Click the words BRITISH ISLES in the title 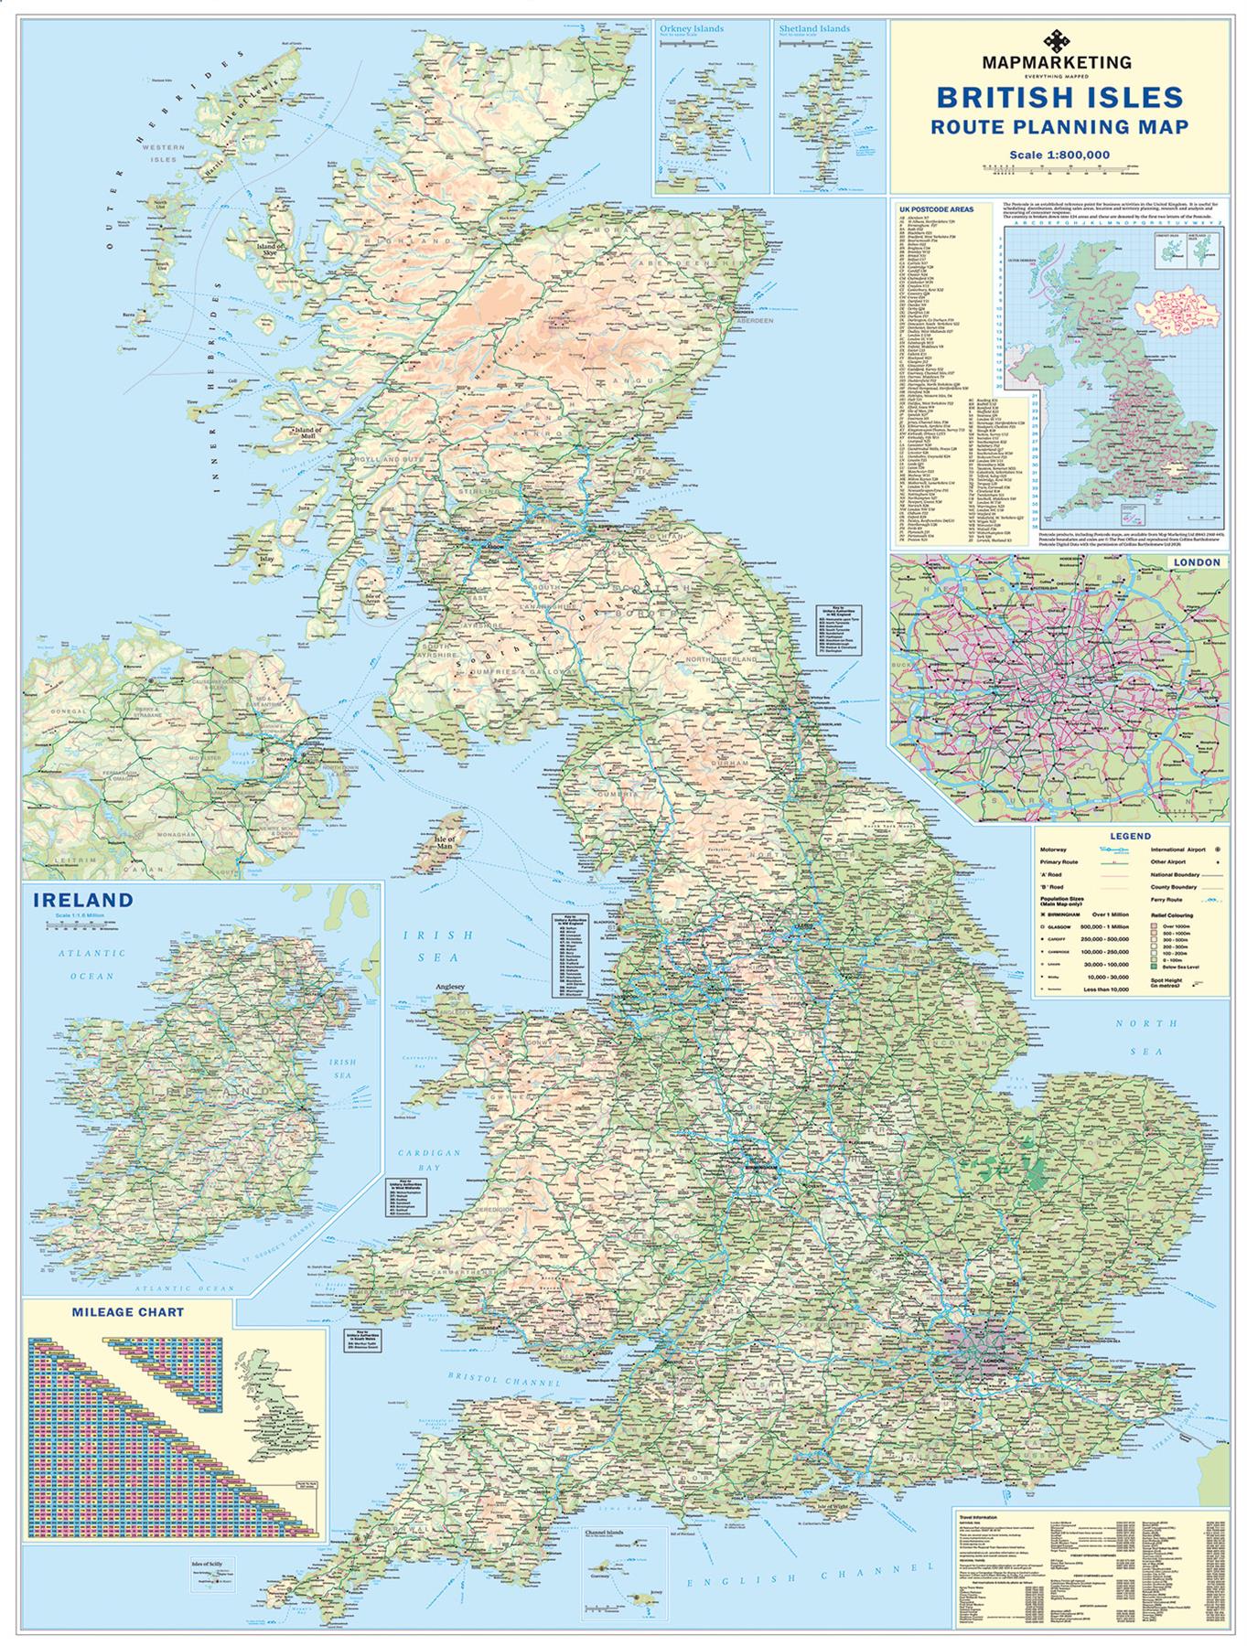pos(1059,97)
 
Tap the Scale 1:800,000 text pos(1059,155)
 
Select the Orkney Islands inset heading pos(691,28)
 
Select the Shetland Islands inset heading pos(814,28)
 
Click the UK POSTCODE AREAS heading pos(937,208)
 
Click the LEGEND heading pos(1130,836)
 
